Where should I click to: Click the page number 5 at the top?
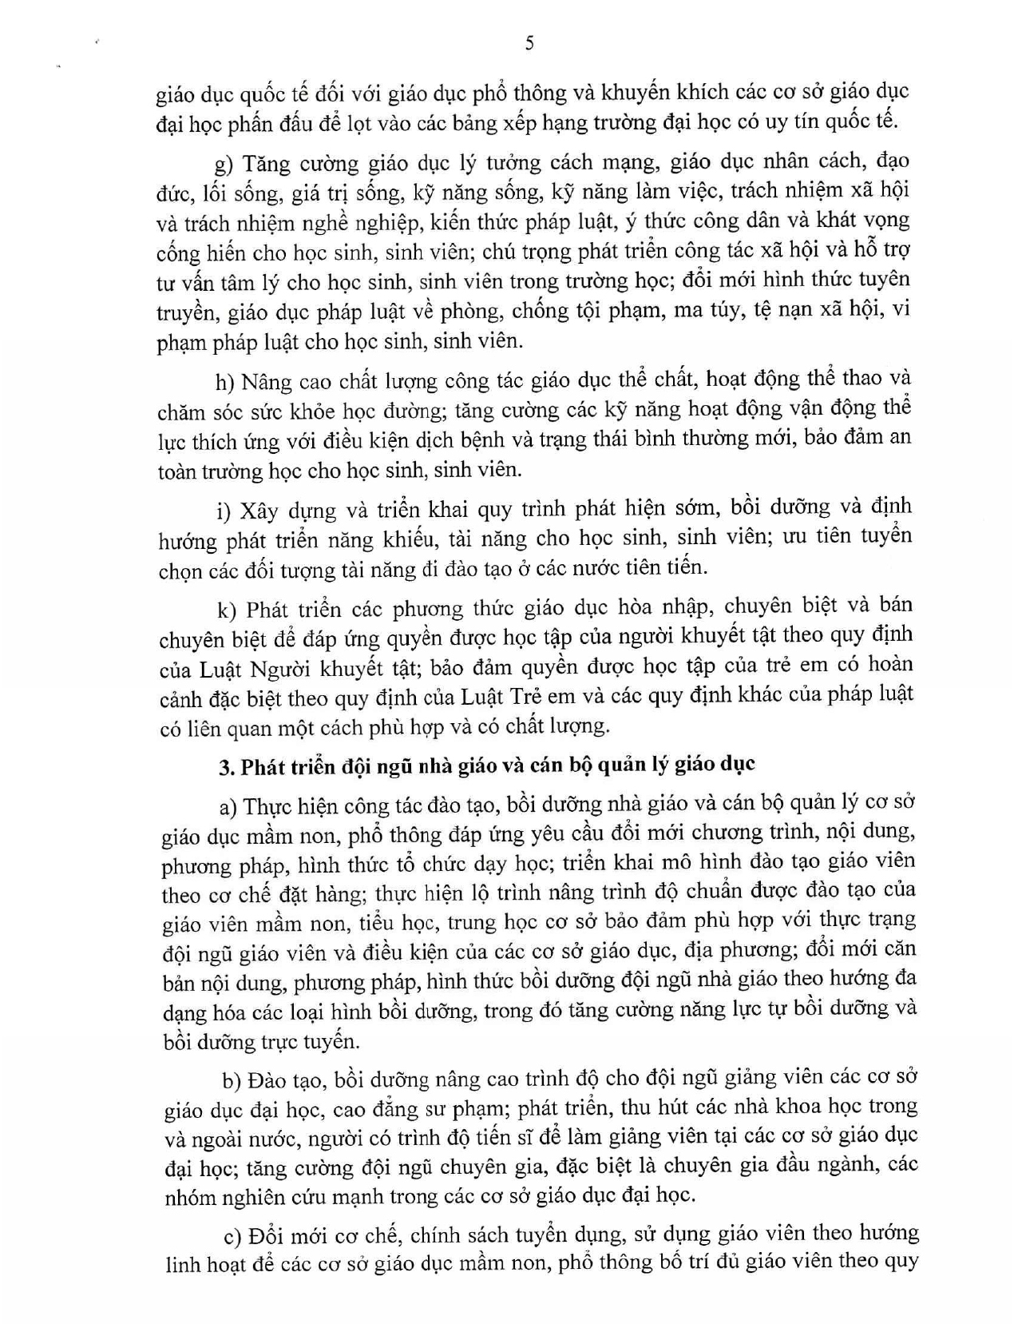click(529, 44)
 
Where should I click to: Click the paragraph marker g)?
click(224, 165)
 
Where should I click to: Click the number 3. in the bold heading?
click(227, 765)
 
